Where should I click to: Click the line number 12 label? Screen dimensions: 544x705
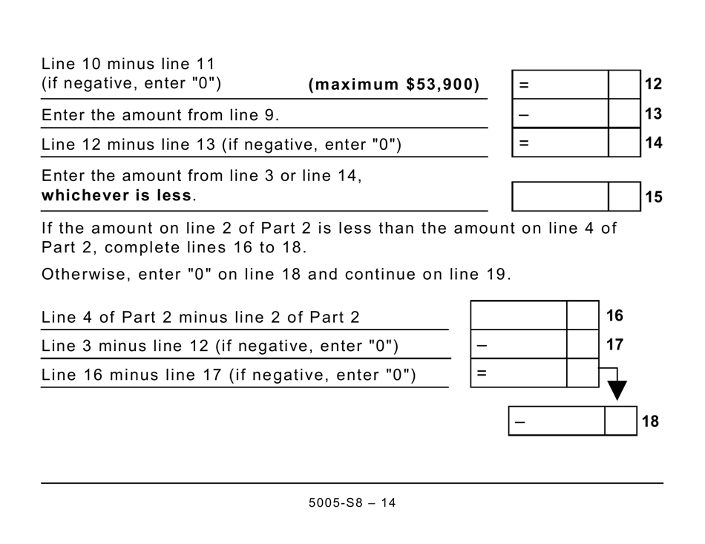click(653, 85)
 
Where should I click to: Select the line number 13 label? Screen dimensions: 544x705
click(653, 114)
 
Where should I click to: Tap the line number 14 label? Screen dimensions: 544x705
click(653, 143)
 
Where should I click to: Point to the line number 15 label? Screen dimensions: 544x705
click(653, 197)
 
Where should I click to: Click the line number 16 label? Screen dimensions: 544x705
click(614, 315)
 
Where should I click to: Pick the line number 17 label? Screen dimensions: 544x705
click(614, 344)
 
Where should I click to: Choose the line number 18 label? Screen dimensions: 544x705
click(650, 422)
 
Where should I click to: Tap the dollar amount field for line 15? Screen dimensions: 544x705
click(560, 197)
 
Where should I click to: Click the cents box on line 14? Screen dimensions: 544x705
click(624, 142)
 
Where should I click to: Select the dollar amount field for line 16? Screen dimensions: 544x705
click(519, 315)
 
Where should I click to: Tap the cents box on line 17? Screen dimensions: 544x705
click(583, 344)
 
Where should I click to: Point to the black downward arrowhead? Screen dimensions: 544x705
click(616, 390)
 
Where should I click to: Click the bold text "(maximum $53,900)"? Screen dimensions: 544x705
click(394, 85)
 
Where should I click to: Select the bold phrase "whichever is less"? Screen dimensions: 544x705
click(117, 197)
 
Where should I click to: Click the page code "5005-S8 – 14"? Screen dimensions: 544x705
click(352, 503)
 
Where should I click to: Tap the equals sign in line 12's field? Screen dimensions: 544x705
click(524, 85)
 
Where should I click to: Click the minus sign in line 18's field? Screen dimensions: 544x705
click(519, 422)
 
